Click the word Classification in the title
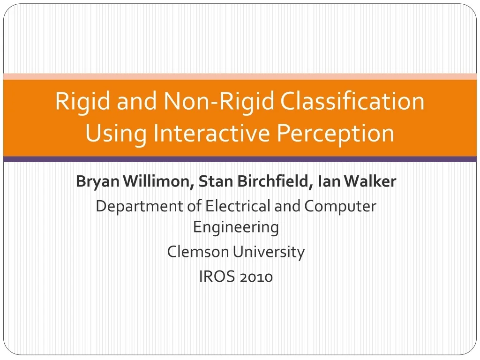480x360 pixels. (x=352, y=101)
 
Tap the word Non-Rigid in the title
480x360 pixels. (x=218, y=101)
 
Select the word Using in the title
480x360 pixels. (x=116, y=134)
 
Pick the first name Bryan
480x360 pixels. (x=97, y=181)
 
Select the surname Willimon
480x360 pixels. (x=158, y=181)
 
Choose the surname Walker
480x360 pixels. (x=370, y=181)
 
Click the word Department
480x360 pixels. (x=140, y=207)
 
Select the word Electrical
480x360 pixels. (x=238, y=206)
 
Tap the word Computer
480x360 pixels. (x=340, y=207)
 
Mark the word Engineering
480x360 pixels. (x=236, y=228)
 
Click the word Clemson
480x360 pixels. (x=198, y=252)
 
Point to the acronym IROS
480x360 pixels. (x=217, y=277)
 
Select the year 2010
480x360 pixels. (x=256, y=277)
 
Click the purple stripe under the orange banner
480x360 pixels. (x=240, y=159)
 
